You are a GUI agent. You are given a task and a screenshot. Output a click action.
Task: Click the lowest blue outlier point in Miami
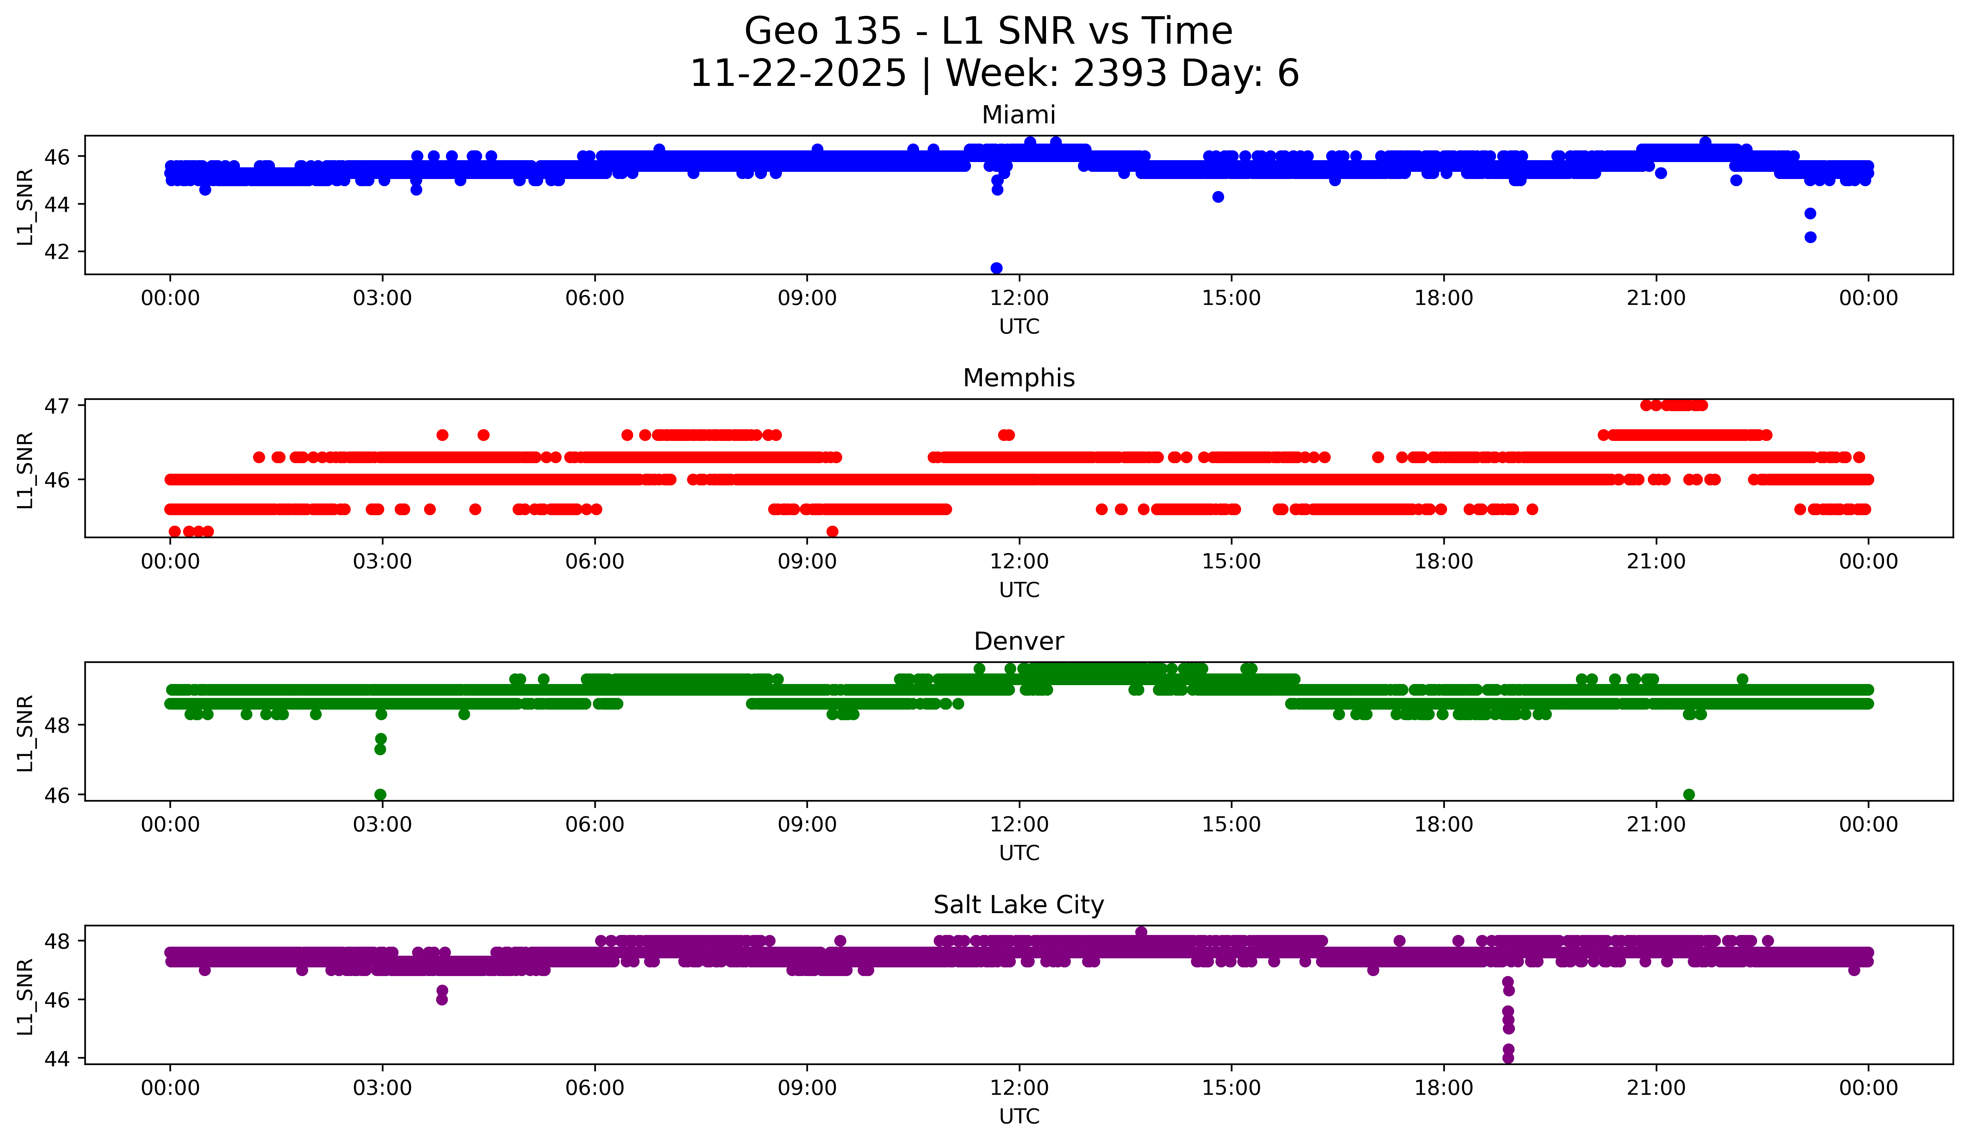pyautogui.click(x=997, y=268)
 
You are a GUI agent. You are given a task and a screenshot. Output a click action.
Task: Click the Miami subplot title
pyautogui.click(x=1018, y=115)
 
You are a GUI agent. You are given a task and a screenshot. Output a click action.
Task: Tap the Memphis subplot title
pyautogui.click(x=1018, y=378)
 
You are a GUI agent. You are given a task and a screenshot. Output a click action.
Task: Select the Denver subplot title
pyautogui.click(x=1018, y=641)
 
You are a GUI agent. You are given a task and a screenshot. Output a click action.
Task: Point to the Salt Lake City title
pyautogui.click(x=1018, y=905)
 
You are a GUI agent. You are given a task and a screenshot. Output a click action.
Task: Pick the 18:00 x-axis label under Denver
pyautogui.click(x=1443, y=825)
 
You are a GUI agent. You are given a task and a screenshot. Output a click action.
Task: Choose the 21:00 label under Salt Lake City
pyautogui.click(x=1656, y=1088)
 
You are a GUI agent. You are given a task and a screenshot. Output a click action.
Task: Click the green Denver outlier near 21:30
pyautogui.click(x=1689, y=794)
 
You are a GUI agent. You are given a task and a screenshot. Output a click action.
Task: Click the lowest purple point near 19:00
pyautogui.click(x=1508, y=1058)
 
